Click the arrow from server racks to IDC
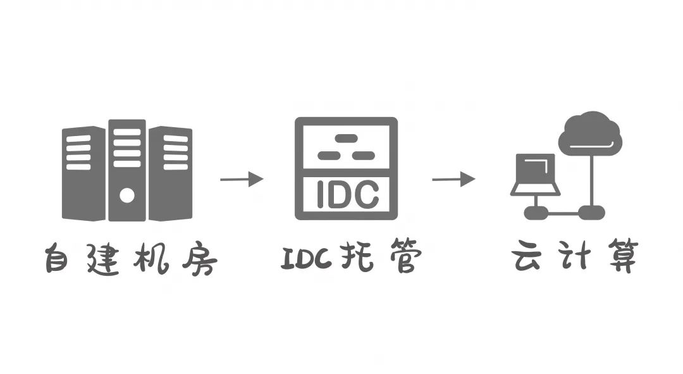click(x=242, y=179)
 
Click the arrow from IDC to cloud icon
click(x=453, y=179)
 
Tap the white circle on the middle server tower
click(x=127, y=195)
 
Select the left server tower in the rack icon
click(x=83, y=173)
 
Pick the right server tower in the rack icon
click(x=170, y=173)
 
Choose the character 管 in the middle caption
click(x=400, y=257)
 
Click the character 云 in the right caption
click(x=529, y=256)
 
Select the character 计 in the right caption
click(x=575, y=256)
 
